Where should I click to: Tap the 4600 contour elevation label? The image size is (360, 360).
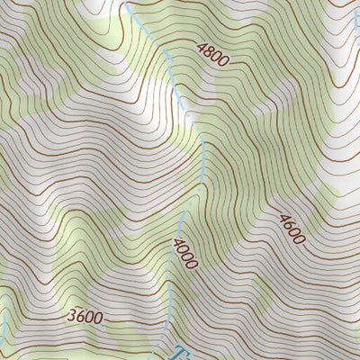click(292, 229)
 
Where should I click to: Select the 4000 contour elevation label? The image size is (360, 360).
click(185, 252)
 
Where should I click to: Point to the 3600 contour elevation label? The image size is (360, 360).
click(84, 317)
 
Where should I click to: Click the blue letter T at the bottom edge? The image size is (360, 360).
click(180, 353)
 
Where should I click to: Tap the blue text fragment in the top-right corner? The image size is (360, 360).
click(355, 11)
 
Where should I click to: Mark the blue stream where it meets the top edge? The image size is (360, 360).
click(126, 3)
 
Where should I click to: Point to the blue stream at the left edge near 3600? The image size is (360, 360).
click(3, 324)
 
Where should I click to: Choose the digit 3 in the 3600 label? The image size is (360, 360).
click(71, 317)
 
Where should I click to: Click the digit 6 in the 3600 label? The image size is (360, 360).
click(79, 317)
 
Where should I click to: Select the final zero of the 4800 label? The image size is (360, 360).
click(225, 61)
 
